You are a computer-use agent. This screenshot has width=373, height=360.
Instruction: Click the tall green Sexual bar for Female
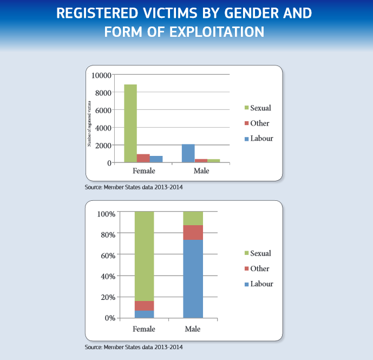[130, 123]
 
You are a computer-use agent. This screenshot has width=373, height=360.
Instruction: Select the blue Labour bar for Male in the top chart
[187, 153]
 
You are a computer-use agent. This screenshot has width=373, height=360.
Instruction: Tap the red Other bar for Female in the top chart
[143, 158]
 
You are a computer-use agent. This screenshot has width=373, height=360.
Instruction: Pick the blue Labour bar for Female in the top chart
[156, 159]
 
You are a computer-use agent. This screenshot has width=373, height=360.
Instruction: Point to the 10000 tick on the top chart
[101, 75]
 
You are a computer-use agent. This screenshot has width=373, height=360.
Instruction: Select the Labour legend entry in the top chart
[259, 139]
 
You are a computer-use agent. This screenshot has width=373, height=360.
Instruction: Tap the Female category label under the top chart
[143, 171]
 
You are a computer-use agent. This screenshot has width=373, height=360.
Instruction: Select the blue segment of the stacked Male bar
[193, 279]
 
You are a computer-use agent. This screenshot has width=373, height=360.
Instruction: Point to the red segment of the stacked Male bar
[193, 232]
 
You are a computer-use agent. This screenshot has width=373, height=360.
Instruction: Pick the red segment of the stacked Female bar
[144, 305]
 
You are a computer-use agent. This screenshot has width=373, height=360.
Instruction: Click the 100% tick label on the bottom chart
[106, 214]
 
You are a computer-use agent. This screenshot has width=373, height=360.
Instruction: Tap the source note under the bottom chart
[138, 347]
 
